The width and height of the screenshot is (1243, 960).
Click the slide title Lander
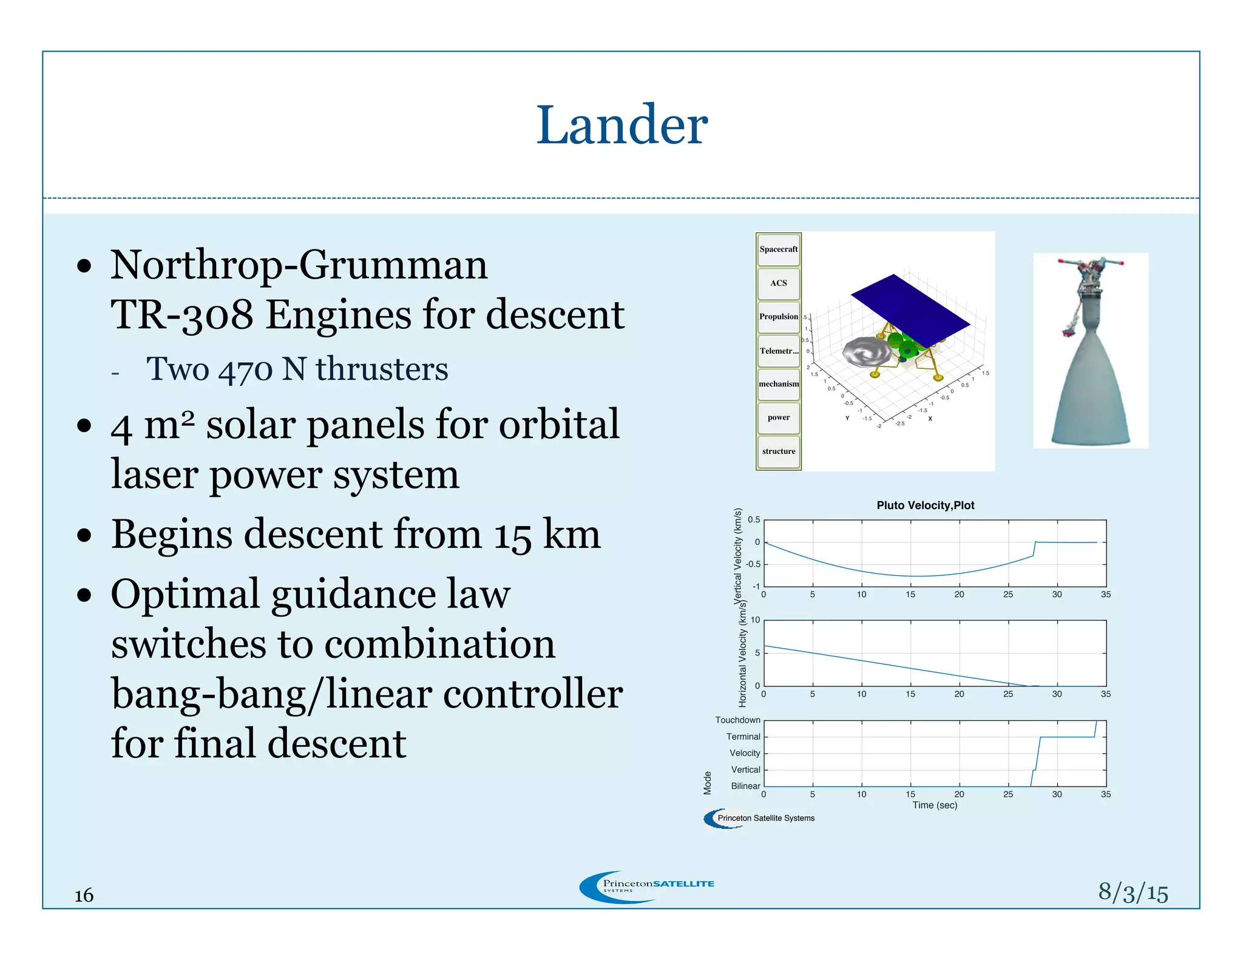[x=621, y=125]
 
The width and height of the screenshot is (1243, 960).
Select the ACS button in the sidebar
[x=778, y=283]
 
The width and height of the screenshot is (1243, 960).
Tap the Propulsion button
[x=778, y=317]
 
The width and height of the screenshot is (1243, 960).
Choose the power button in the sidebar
[x=778, y=417]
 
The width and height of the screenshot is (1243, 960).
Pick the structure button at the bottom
[x=778, y=451]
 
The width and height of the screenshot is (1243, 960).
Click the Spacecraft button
[x=778, y=249]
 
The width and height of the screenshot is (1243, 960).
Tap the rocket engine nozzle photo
[x=1091, y=364]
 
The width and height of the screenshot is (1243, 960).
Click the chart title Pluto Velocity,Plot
[x=925, y=505]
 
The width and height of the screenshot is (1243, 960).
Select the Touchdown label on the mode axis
[x=737, y=720]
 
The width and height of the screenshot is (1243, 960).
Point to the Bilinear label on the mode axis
[x=745, y=786]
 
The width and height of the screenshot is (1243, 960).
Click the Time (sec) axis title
[x=935, y=805]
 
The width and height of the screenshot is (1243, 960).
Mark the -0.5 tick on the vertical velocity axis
[x=753, y=564]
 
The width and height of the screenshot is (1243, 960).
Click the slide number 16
[x=84, y=896]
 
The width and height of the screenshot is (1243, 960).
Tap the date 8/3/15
[x=1133, y=893]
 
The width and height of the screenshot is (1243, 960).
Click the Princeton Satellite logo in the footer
[x=647, y=887]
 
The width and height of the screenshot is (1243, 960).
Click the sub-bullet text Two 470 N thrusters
[x=297, y=369]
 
